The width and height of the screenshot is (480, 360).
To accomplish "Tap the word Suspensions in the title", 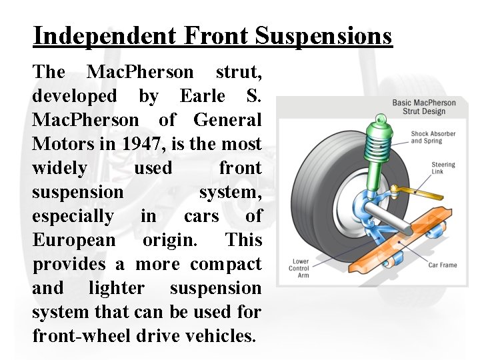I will pyautogui.click(x=326, y=35).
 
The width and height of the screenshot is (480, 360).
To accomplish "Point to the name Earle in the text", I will pyautogui.click(x=203, y=96).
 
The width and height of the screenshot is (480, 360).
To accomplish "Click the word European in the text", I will pyautogui.click(x=73, y=240).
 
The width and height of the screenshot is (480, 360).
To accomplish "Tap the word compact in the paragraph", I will pyautogui.click(x=225, y=264).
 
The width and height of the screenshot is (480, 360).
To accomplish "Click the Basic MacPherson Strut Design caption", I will pyautogui.click(x=424, y=107).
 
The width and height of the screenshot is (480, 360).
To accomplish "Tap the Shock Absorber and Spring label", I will pyautogui.click(x=433, y=137).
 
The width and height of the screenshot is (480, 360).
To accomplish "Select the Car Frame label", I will pyautogui.click(x=443, y=265).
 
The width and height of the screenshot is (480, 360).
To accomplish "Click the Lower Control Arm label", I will pyautogui.click(x=299, y=268).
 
